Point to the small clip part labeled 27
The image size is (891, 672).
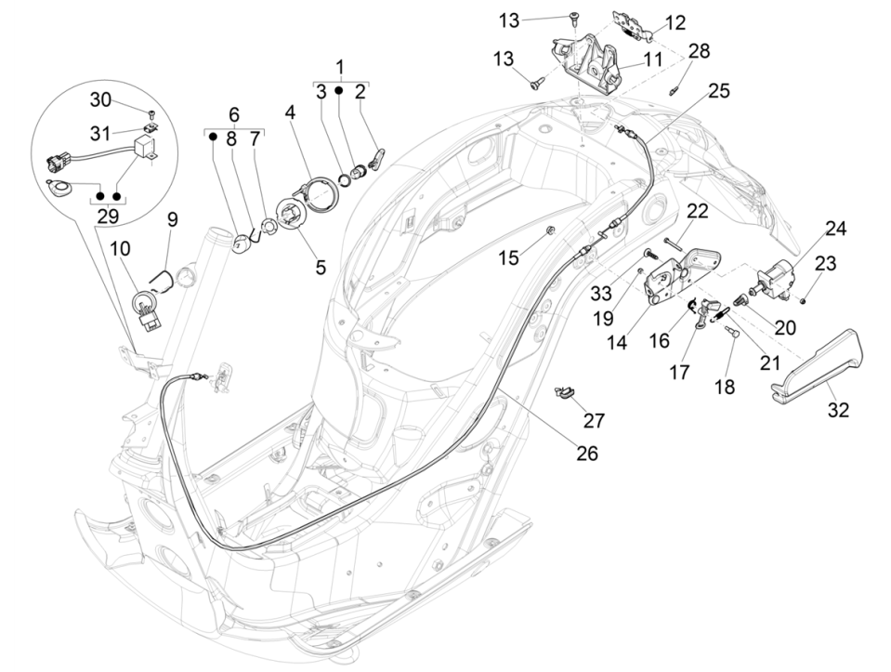pos(563,394)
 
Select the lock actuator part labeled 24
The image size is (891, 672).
pos(777,278)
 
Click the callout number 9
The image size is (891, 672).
pos(172,220)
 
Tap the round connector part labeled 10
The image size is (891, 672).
pos(147,304)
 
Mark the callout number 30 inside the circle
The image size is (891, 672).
pos(100,99)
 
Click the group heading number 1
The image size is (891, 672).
pos(339,67)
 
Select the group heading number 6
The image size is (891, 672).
pos(233,114)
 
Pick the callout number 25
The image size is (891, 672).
pos(718,91)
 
